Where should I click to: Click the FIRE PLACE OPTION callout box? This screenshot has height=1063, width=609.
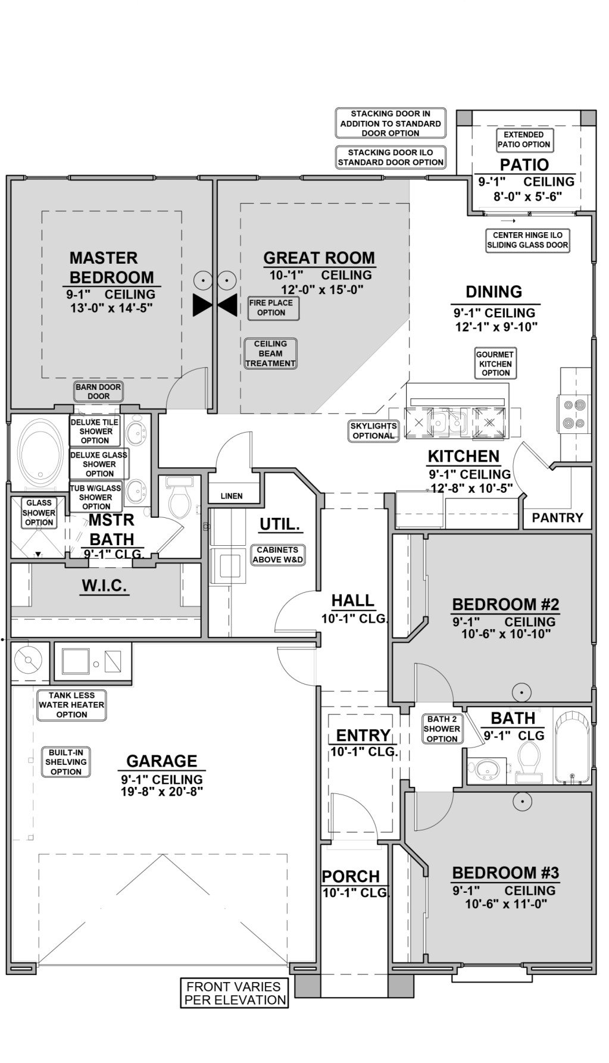click(x=271, y=308)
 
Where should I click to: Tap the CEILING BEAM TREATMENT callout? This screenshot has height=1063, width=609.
click(x=270, y=354)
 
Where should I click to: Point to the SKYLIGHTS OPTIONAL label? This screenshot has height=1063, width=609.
click(x=373, y=431)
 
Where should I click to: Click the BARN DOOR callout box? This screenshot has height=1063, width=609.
click(x=98, y=391)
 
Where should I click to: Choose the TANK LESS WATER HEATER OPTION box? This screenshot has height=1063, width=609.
click(x=71, y=705)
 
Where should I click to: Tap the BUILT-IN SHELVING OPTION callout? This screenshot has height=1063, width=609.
click(x=66, y=762)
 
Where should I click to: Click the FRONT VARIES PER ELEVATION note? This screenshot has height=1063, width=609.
click(x=235, y=993)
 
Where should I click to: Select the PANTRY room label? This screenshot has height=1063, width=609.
click(x=558, y=518)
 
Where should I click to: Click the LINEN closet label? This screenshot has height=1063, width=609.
click(x=231, y=496)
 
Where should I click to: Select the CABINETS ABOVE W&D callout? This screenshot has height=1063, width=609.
click(x=277, y=555)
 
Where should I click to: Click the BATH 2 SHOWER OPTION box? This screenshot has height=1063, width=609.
click(x=442, y=729)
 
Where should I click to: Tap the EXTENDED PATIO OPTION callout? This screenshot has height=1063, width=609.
click(x=524, y=139)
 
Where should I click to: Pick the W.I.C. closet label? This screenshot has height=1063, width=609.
click(x=105, y=586)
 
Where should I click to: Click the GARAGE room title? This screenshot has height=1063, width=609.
click(x=161, y=761)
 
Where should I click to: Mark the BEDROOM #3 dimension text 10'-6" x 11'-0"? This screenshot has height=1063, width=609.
click(x=506, y=904)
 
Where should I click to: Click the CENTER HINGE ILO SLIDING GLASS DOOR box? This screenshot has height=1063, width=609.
click(x=527, y=240)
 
